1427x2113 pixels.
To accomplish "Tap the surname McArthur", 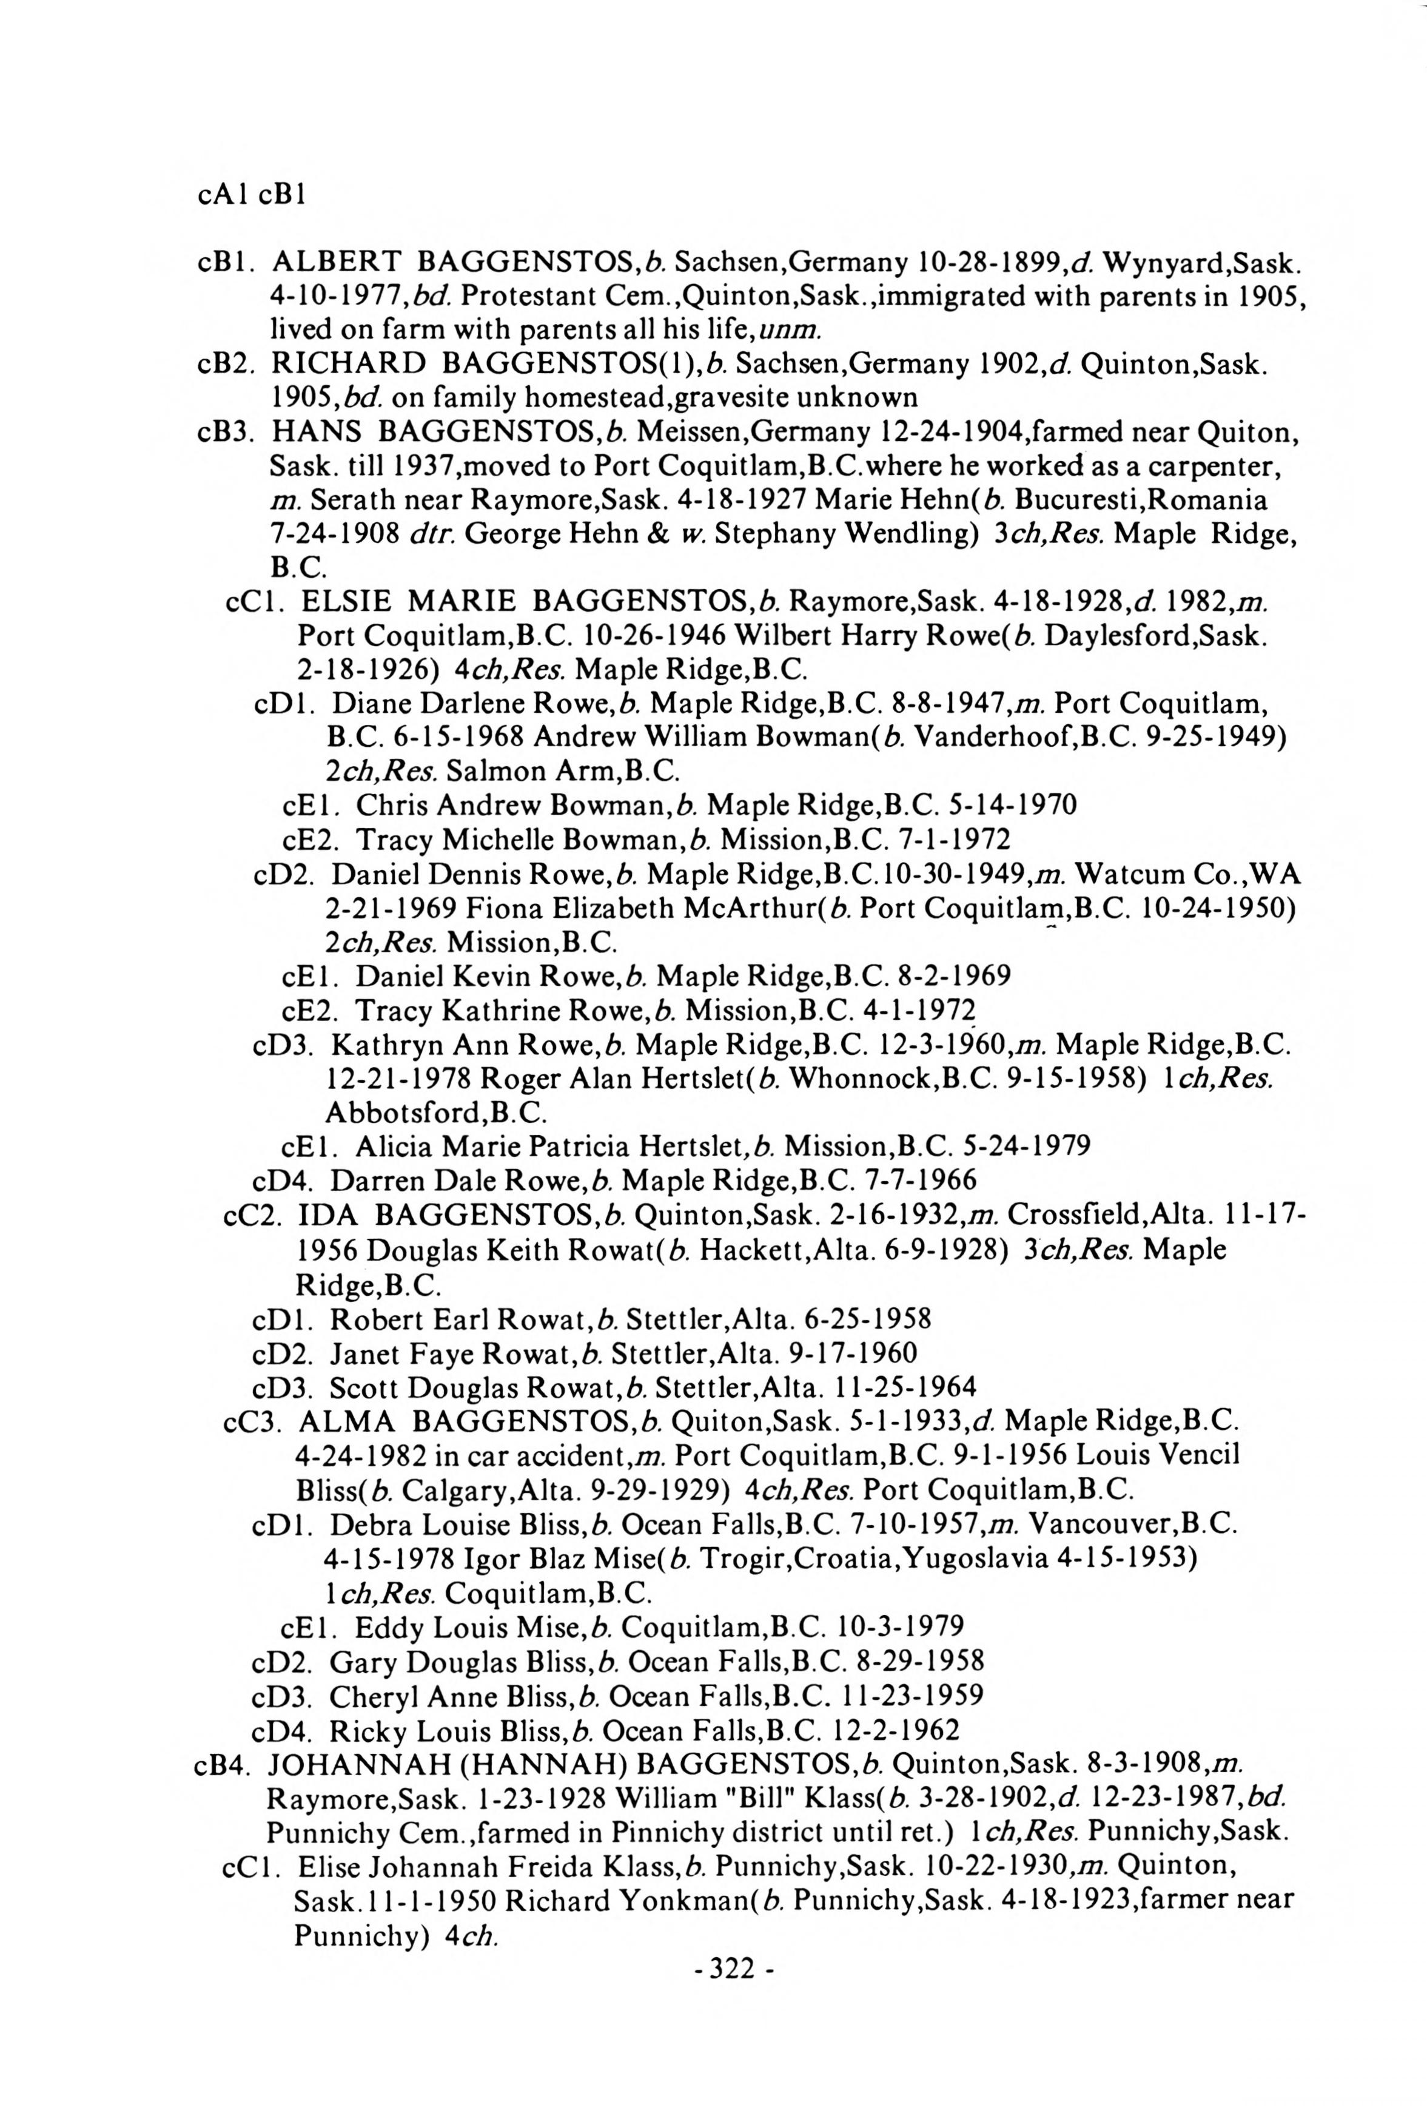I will tap(745, 908).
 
